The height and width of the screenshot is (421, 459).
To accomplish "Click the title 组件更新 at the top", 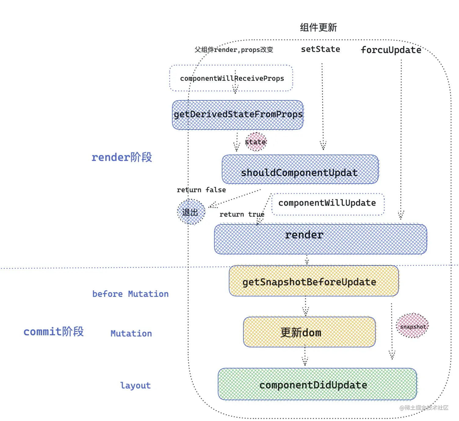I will [318, 27].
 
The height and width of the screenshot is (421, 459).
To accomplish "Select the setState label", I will [320, 49].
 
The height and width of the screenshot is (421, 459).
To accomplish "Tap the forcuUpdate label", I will [391, 50].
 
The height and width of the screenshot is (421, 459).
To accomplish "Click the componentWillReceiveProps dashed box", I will [231, 78].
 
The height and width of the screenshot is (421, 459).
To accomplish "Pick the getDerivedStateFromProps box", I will [238, 115].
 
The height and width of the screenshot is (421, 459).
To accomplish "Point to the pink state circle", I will [256, 142].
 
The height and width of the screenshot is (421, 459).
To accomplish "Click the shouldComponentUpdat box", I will [300, 170].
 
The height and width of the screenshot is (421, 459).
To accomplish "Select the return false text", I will [201, 190].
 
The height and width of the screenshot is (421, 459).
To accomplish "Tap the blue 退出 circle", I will [191, 212].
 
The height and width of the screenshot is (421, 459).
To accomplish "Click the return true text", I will [242, 214].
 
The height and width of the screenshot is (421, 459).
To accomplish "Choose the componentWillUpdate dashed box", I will [327, 203].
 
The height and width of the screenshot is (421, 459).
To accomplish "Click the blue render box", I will [320, 239].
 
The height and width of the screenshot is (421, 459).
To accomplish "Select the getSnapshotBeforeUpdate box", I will [314, 281].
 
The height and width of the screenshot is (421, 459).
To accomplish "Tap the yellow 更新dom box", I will [309, 332].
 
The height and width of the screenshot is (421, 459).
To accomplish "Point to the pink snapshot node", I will [413, 326].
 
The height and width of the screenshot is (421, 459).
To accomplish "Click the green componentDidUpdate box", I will [317, 384].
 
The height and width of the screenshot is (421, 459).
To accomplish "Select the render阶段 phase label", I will [121, 157].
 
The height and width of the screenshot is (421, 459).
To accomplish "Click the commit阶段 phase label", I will [53, 332].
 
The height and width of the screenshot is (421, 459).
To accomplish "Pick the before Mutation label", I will [130, 294].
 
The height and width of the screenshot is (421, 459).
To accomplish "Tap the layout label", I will [135, 385].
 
